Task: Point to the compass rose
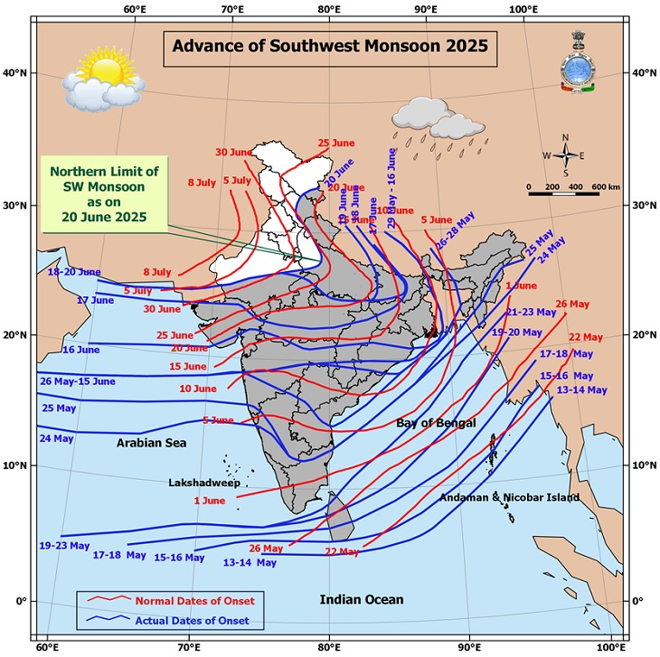565,155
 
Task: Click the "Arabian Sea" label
150,443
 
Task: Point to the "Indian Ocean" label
362,599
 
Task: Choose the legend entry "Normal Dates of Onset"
193,601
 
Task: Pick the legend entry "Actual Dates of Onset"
198,621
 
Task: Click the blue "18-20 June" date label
74,271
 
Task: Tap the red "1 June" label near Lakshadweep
209,501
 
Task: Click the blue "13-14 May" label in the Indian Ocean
250,562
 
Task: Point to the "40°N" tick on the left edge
17,72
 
